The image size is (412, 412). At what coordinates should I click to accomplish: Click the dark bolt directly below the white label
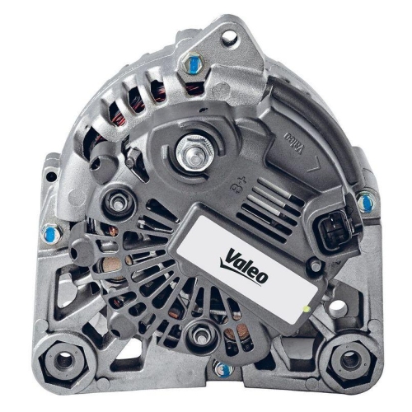point(199,334)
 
